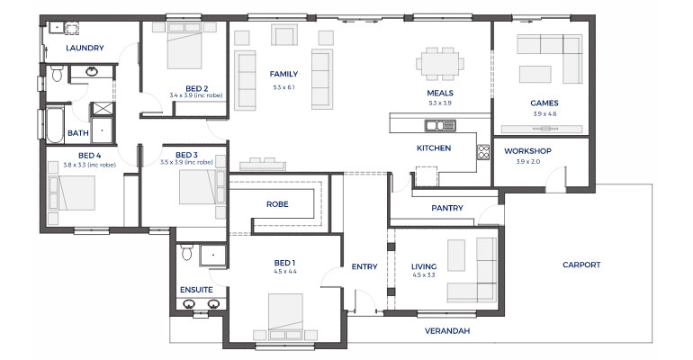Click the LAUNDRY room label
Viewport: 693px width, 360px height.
[85, 48]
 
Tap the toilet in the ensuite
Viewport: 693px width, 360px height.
[186, 253]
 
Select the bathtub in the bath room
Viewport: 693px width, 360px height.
[55, 124]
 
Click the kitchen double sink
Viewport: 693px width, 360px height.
[440, 125]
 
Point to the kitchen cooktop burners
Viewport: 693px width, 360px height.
[483, 152]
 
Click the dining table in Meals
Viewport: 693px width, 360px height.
[440, 64]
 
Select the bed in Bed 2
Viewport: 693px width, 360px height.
[184, 46]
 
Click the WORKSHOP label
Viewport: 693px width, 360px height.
[527, 151]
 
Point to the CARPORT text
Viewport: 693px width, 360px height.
[581, 265]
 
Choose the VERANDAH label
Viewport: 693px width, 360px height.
[447, 331]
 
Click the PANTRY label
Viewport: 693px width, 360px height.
[447, 208]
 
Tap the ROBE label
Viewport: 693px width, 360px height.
[277, 204]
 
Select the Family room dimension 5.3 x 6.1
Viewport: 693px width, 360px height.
[283, 87]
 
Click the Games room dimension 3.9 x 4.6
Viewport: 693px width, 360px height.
[544, 114]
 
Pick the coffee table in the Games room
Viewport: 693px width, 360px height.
[535, 74]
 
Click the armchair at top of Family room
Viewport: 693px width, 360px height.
[284, 36]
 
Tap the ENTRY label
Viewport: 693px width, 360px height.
[364, 266]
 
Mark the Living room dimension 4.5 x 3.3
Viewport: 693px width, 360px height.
[424, 274]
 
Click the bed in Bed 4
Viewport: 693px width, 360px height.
[72, 193]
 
